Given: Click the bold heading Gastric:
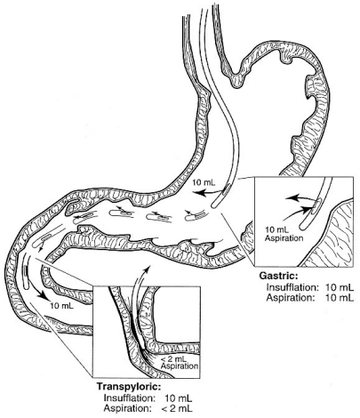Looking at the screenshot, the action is coord(278,276).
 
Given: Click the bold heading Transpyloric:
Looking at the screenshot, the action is coord(129,387).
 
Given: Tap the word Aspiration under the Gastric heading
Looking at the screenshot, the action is coord(290,297).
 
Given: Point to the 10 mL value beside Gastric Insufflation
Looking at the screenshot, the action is coord(340,287).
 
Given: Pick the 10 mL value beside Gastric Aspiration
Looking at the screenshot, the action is coord(340,297).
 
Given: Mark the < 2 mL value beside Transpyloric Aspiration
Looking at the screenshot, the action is coord(177,408).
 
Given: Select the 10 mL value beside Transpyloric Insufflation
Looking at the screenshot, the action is coord(179,398).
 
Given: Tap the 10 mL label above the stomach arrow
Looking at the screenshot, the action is coord(204,182).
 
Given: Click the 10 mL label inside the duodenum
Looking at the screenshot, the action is coord(61,306).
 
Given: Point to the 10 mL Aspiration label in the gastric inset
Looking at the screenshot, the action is coord(284,233).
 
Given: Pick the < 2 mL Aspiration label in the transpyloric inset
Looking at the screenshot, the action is coord(180,362).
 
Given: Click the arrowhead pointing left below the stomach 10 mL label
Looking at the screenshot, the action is coord(199,193).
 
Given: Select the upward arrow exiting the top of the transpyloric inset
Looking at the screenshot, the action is coord(138,285).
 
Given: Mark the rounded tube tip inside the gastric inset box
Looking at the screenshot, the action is coord(303,226).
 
